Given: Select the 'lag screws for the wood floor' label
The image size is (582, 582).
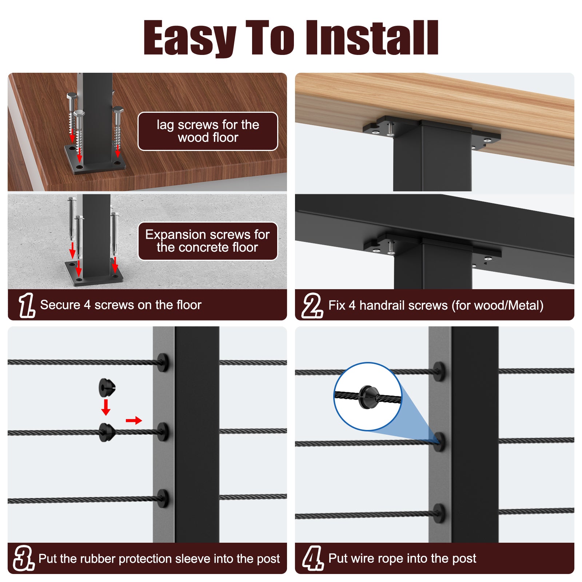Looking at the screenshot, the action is (x=208, y=131).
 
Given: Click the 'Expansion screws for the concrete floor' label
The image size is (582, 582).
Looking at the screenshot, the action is (x=208, y=241).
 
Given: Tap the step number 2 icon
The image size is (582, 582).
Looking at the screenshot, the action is (x=312, y=306).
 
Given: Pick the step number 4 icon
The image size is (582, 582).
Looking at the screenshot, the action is (x=313, y=558).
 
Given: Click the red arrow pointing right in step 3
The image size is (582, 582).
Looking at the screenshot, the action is (x=134, y=420).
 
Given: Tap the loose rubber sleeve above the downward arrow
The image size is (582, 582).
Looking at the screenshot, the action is (x=107, y=388).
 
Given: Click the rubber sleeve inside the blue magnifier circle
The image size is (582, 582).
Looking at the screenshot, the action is (x=368, y=396).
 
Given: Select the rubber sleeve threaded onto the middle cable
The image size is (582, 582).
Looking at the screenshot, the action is (x=107, y=432).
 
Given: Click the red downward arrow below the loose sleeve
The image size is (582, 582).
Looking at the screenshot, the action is (x=106, y=407).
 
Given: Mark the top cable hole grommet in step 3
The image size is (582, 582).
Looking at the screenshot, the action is (x=163, y=362).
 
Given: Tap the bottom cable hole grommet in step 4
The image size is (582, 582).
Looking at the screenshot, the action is (x=439, y=513).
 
